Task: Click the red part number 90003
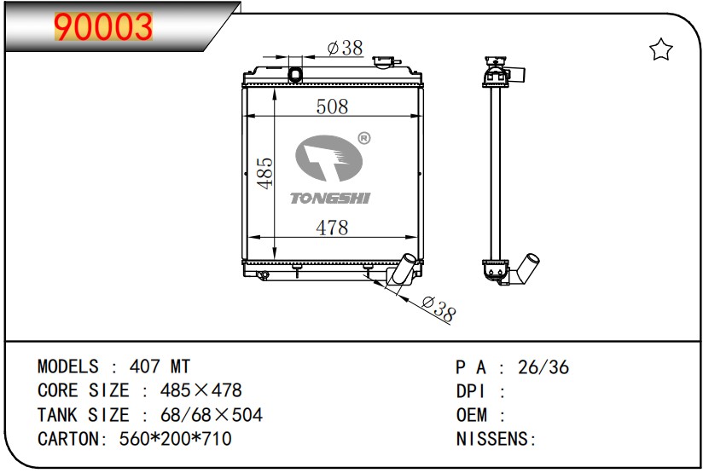pos(103,26)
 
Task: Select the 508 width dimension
pos(332,107)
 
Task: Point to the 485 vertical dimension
pos(264,173)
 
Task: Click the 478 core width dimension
pos(332,228)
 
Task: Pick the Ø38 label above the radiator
pos(345,48)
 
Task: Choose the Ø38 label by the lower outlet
pos(439,309)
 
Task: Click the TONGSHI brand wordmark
pos(330,198)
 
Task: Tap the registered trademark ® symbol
pos(364,138)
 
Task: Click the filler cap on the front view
pos(384,62)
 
